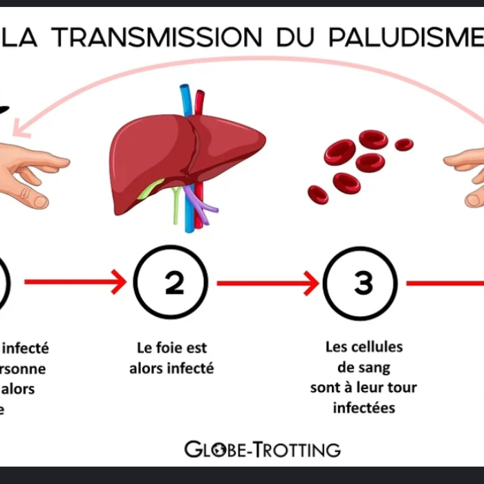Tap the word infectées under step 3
pos(364,407)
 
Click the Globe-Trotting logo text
pos(263,449)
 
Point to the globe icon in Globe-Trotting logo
pos(216,450)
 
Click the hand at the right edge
pos(467,169)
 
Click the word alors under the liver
pos(149,368)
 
